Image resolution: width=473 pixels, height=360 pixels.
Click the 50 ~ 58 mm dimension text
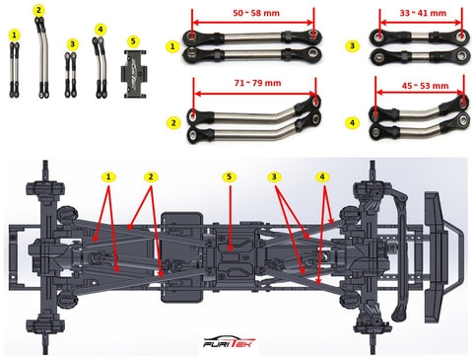coord(256,13)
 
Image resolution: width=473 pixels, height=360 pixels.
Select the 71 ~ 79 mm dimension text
coord(258,83)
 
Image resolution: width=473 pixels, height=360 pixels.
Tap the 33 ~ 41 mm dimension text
coord(423,13)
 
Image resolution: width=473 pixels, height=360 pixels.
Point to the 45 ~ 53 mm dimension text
coord(425,86)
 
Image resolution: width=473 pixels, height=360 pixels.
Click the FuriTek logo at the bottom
coord(229,342)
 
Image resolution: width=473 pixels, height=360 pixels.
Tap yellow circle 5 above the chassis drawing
coord(229,177)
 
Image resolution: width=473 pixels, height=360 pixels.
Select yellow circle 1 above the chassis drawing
coord(108,177)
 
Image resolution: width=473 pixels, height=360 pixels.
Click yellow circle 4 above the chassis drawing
coord(322,177)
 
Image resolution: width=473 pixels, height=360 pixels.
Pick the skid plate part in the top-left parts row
coord(135,74)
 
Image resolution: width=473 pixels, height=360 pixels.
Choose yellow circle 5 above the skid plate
coord(133,41)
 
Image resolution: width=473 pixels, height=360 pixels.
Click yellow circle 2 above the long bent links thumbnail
coord(38,11)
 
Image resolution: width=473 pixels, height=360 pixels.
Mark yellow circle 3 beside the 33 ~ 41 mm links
coord(352,46)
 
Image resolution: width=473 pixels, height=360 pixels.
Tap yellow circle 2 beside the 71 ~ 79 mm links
coord(173,123)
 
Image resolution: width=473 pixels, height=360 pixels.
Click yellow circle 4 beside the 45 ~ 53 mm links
coord(352,123)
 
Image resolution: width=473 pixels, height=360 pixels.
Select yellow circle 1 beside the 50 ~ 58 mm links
coord(172,46)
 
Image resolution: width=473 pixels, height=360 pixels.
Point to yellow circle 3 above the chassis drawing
coord(274,177)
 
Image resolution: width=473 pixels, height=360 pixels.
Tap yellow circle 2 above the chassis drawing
coord(151,177)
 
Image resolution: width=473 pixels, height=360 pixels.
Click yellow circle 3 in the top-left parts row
coord(72,44)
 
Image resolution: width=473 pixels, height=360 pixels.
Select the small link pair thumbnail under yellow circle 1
coord(14,70)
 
